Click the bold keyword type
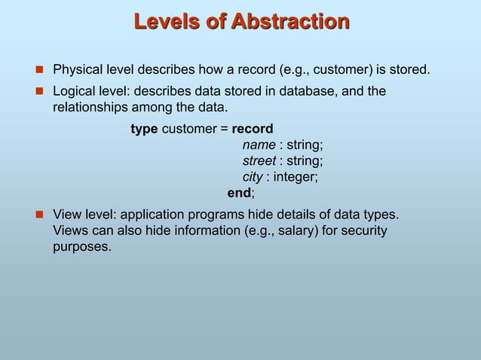point(144,130)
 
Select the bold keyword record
point(253,130)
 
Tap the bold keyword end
point(240,193)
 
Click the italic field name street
point(259,161)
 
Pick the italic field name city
point(252,177)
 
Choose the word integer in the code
point(294,177)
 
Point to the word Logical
point(75,91)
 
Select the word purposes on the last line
point(81,246)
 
